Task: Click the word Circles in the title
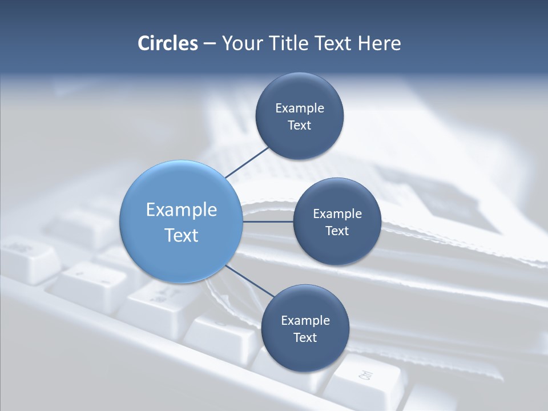click(168, 43)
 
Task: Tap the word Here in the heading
click(380, 43)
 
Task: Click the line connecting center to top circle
click(247, 162)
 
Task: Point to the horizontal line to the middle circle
click(268, 221)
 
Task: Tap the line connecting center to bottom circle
click(249, 281)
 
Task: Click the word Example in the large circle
click(181, 209)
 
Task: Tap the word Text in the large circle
click(181, 235)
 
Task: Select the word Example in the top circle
click(299, 108)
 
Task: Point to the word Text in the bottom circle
click(305, 337)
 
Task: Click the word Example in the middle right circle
click(337, 213)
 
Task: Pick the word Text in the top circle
click(299, 125)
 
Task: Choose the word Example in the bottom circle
click(305, 320)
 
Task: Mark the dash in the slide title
click(209, 44)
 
